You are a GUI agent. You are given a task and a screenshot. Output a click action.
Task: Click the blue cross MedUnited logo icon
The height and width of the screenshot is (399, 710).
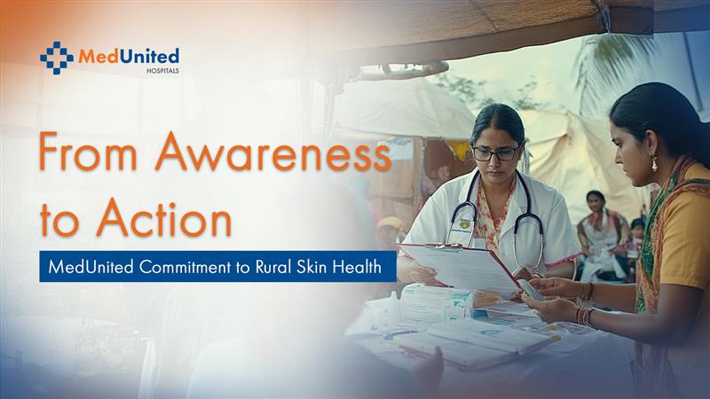57,58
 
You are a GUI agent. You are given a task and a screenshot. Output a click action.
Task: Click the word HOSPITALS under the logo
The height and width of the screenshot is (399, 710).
162,71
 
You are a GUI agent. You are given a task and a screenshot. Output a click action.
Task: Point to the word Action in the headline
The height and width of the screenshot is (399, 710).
164,218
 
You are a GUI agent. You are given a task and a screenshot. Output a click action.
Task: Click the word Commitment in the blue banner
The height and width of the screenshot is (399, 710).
185,267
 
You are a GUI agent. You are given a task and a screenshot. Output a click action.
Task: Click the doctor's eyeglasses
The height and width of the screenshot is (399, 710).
496,153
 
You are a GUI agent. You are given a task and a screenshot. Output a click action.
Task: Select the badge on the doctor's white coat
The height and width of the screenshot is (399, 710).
464,225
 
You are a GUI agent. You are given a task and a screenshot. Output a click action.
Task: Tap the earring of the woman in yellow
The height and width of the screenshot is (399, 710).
654,164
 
